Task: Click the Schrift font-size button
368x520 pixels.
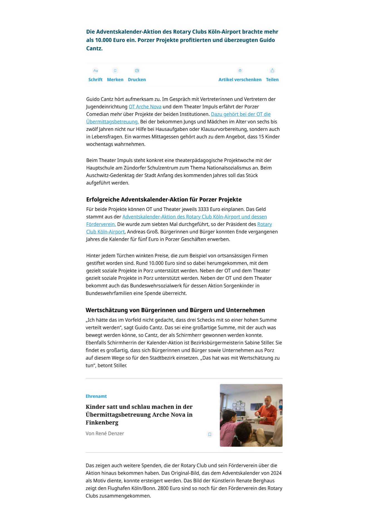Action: (x=95, y=75)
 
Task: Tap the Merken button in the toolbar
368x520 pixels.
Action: (x=115, y=75)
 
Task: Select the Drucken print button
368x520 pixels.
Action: (x=137, y=75)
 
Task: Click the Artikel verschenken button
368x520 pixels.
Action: (x=240, y=75)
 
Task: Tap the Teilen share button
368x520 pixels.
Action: (x=272, y=75)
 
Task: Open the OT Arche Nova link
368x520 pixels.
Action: (x=145, y=107)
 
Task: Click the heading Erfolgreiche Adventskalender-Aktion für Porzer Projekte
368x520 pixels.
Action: (x=164, y=200)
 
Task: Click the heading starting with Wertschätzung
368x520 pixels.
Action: (x=175, y=310)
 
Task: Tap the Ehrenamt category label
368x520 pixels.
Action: (x=96, y=396)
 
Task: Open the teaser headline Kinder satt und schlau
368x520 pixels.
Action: (x=139, y=414)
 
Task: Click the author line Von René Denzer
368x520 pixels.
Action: (x=105, y=434)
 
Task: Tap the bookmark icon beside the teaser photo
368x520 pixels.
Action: (x=210, y=434)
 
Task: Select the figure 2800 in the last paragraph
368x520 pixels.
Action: (x=163, y=488)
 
